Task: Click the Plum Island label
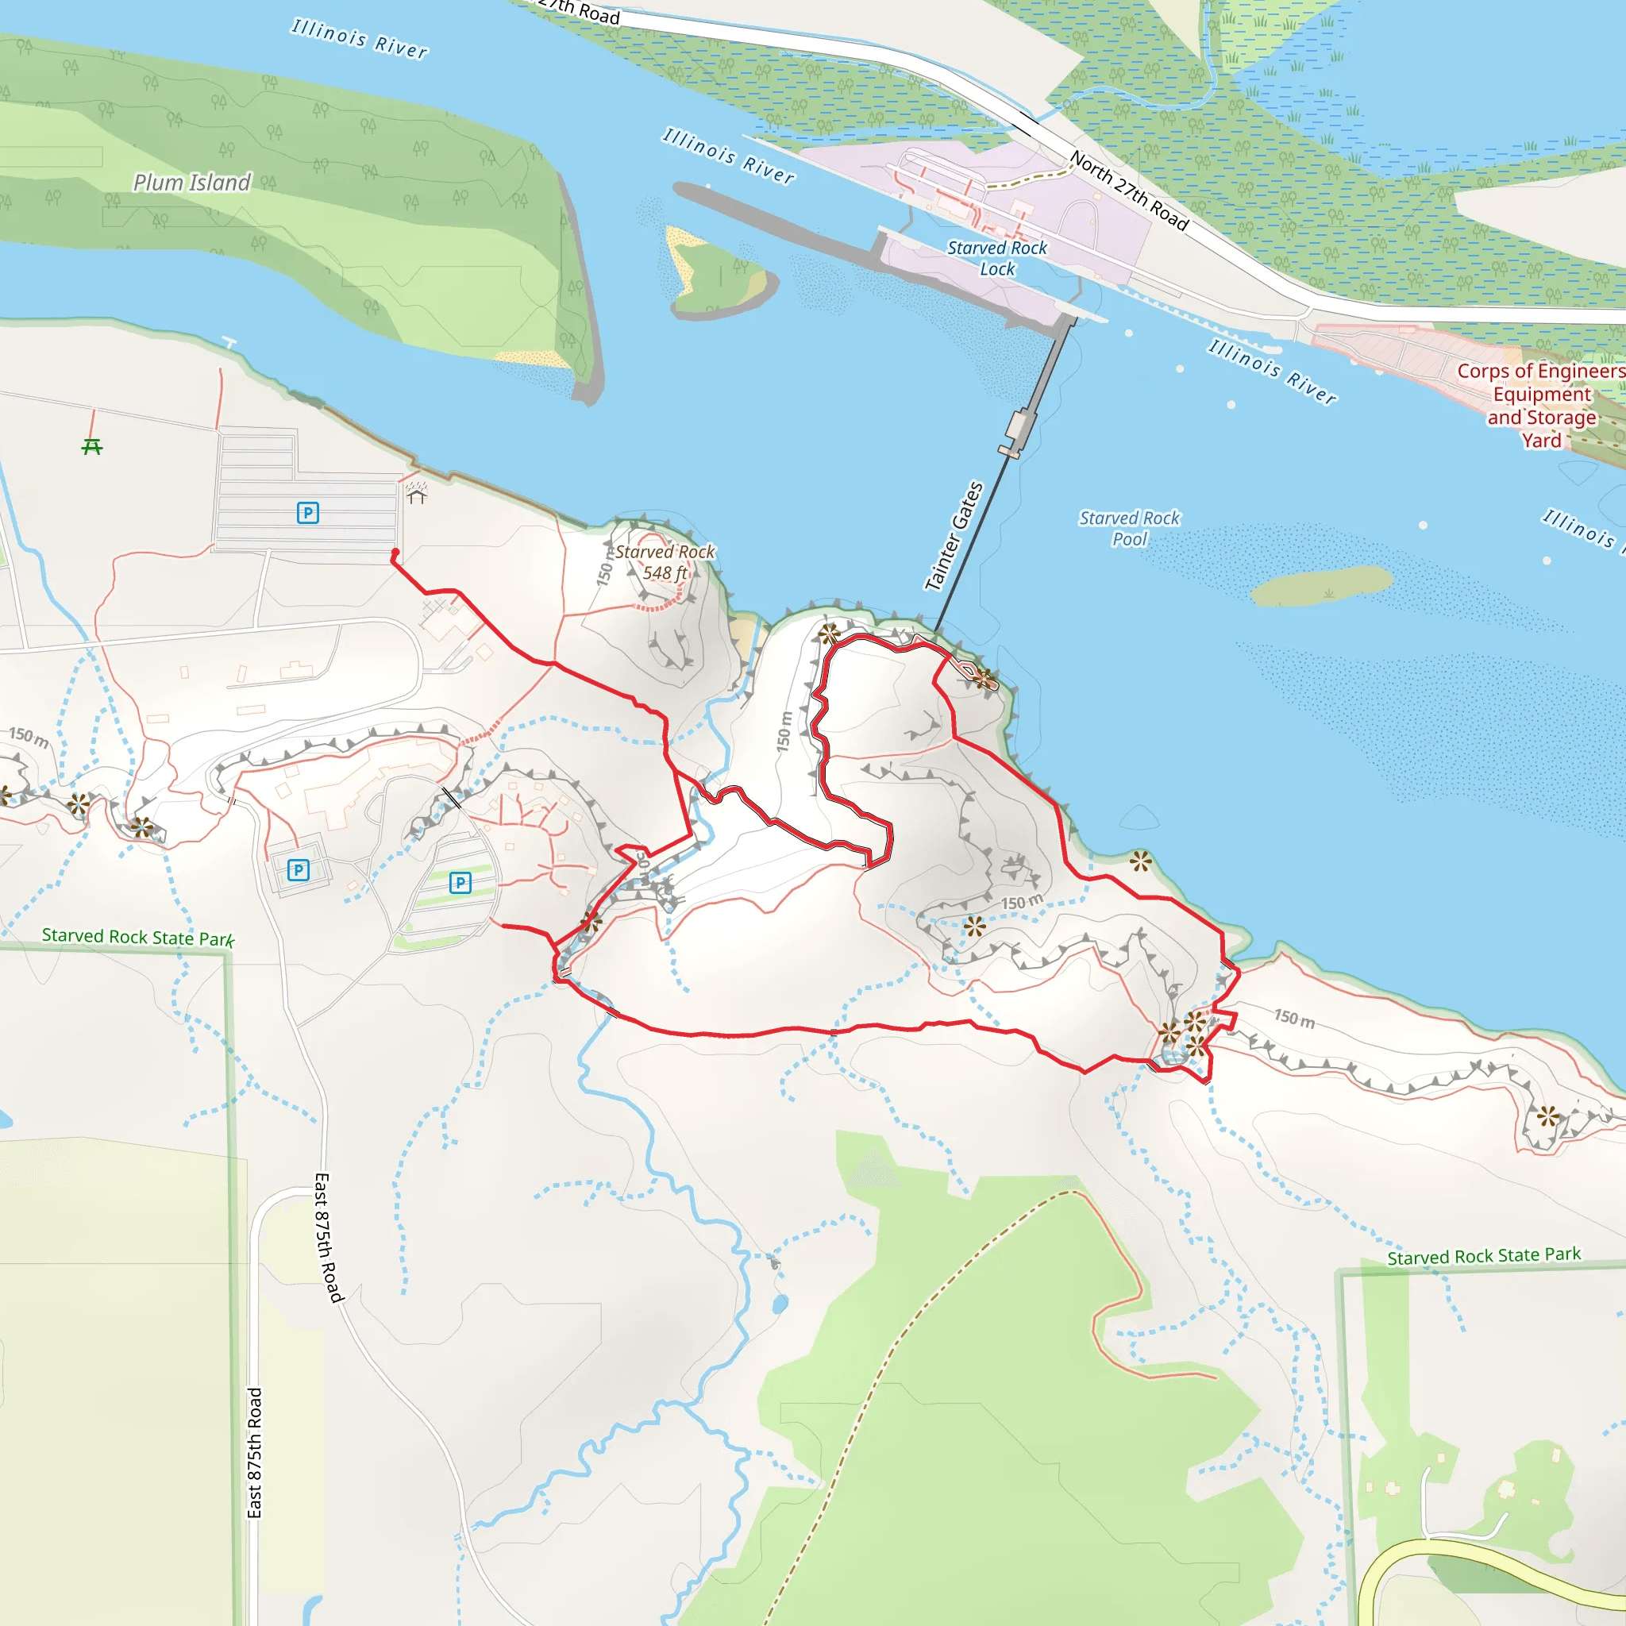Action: pos(192,183)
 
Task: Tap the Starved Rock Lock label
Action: pos(997,258)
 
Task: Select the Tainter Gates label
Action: pos(954,536)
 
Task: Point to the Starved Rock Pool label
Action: pos(1130,529)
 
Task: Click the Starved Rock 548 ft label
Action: pos(665,562)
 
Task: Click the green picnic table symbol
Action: pos(92,446)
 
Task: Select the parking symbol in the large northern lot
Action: pos(308,513)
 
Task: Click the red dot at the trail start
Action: pos(395,553)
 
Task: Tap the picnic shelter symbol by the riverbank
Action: pos(417,492)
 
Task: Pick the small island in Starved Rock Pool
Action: pos(1320,585)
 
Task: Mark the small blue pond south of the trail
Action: pos(780,1304)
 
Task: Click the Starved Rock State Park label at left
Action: pos(138,937)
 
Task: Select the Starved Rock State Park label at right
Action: pos(1484,1257)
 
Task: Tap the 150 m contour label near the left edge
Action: pos(29,737)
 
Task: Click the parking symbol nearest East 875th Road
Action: pos(298,869)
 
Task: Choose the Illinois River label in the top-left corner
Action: pos(360,39)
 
